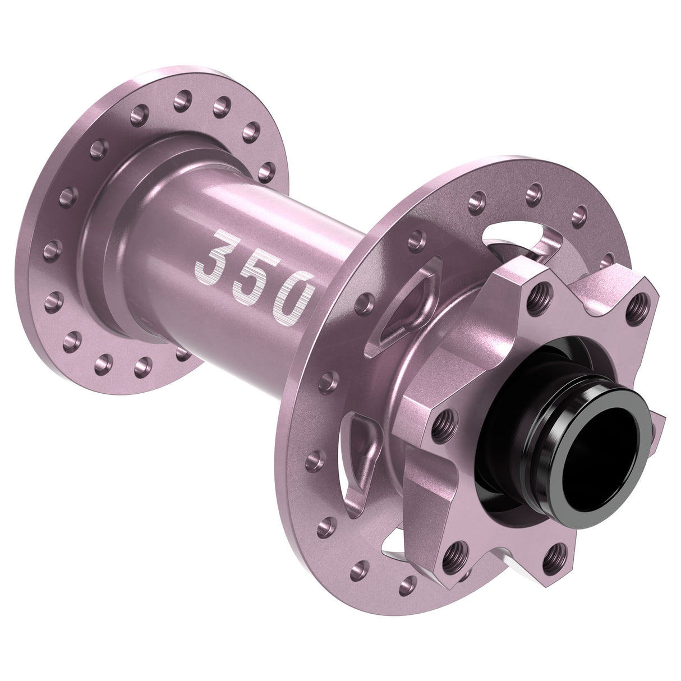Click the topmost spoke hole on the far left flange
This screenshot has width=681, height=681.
coord(180,99)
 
